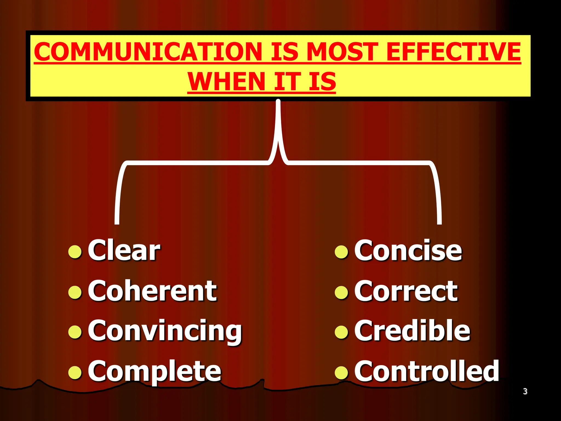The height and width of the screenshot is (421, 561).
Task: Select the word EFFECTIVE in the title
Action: coord(453,52)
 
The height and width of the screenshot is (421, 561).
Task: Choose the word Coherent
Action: coord(152,291)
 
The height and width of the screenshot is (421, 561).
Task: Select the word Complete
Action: coord(154,371)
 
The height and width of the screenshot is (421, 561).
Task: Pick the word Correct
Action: coord(406,291)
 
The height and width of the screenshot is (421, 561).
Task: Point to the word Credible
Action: coord(412,331)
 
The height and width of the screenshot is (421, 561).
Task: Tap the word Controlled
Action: coord(427,371)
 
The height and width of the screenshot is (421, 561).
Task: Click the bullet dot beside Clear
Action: coord(75,252)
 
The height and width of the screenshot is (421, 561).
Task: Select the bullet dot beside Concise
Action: coord(341,252)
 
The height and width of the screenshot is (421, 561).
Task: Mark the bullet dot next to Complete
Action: coord(75,372)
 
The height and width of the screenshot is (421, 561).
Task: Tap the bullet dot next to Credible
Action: coord(341,332)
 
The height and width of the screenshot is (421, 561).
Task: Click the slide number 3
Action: coord(525,391)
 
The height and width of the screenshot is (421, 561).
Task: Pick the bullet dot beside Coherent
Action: coord(75,292)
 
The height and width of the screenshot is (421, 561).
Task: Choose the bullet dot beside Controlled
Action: coord(341,372)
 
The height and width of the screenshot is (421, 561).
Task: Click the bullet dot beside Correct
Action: coord(341,292)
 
